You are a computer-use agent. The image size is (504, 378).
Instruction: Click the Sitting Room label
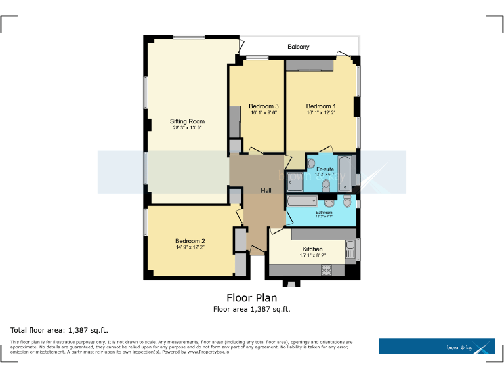[x=187, y=121]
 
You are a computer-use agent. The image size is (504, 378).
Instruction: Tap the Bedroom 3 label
[x=264, y=106]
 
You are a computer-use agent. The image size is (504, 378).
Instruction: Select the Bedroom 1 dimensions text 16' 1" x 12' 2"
[x=321, y=113]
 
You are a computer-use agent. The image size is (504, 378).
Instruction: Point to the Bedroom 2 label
[x=190, y=241]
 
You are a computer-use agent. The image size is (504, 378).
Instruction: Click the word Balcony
[x=299, y=47]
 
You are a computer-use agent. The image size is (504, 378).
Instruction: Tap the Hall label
[x=266, y=190]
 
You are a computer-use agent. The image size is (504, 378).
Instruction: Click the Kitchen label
[x=312, y=249]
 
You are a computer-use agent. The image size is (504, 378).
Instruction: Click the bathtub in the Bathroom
[x=303, y=201]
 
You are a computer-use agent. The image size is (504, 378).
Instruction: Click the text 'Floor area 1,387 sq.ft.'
[x=252, y=309]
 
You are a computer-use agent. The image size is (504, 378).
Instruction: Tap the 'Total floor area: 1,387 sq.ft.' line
[x=60, y=329]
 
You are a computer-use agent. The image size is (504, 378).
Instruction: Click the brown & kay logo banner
[x=436, y=346]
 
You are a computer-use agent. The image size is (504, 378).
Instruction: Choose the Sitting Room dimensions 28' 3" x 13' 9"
[x=188, y=129]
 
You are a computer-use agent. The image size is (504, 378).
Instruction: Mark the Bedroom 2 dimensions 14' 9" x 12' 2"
[x=190, y=248]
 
